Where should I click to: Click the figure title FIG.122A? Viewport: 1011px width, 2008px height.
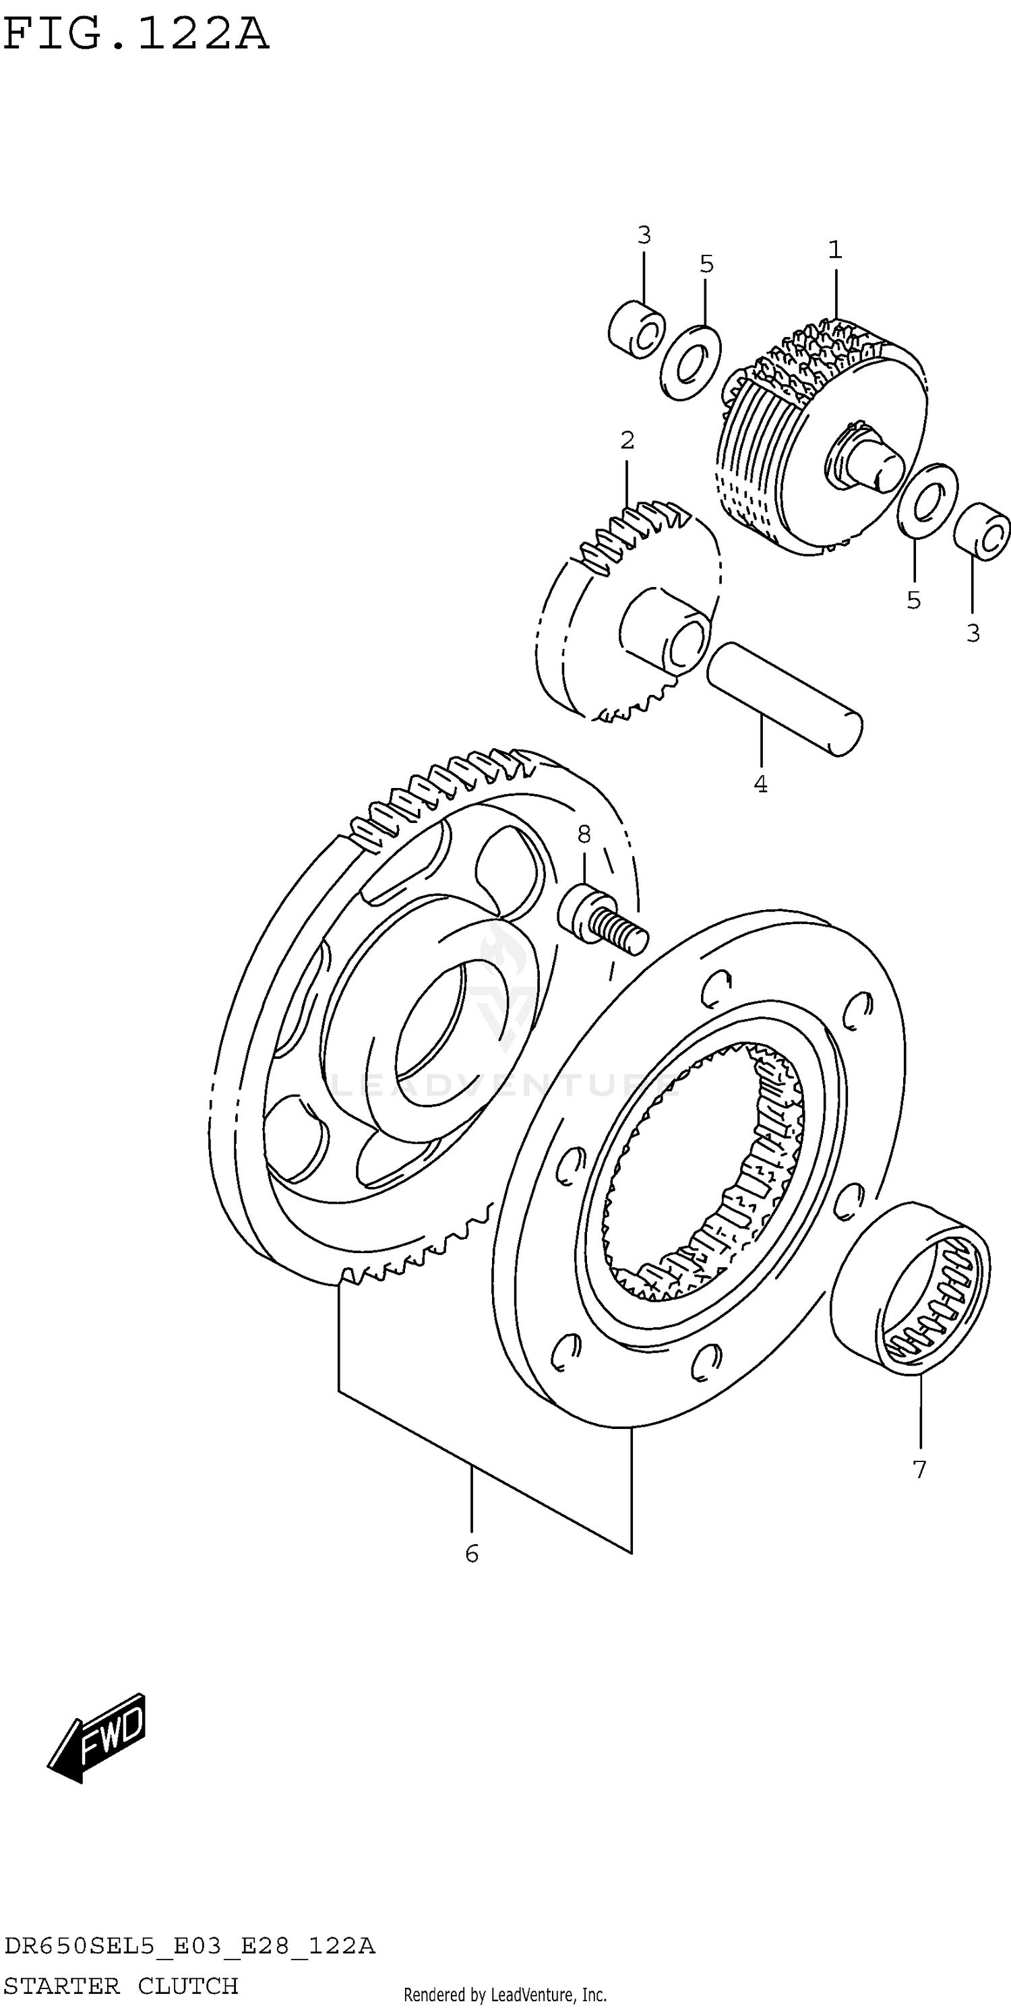136,36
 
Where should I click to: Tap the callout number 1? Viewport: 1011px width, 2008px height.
835,250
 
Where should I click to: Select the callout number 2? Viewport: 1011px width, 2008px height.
627,440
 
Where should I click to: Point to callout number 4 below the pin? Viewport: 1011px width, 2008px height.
761,784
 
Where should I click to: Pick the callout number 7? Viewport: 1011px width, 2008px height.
920,1469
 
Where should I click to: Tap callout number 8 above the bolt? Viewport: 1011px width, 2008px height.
584,835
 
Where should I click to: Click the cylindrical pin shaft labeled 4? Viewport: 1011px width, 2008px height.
784,698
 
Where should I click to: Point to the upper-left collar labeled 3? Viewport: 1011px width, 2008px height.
637,330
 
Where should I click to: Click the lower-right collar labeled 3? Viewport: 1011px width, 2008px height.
983,532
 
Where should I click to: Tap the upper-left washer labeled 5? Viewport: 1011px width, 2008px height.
690,363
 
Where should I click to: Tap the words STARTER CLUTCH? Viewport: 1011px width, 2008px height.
121,1985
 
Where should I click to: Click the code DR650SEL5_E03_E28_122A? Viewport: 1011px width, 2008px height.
189,1947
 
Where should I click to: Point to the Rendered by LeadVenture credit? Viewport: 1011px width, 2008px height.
504,1995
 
